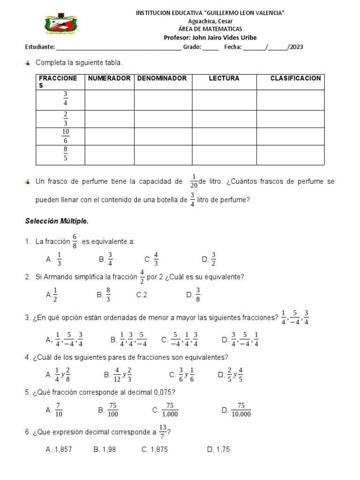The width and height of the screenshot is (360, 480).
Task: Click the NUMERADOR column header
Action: [x=109, y=78]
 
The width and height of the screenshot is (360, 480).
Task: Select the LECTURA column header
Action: [x=224, y=78]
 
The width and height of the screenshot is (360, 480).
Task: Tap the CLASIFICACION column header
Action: [x=295, y=78]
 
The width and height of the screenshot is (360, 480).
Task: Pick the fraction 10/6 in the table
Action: [x=65, y=136]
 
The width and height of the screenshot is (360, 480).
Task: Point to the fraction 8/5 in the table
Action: [x=65, y=154]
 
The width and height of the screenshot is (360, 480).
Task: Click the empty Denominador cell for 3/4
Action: [x=163, y=100]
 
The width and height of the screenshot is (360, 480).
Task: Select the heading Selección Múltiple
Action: [x=56, y=221]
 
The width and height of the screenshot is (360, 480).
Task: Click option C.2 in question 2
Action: [x=142, y=295]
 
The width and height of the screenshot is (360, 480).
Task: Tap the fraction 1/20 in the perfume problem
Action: [x=194, y=181]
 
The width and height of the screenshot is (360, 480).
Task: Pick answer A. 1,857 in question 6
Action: [x=59, y=450]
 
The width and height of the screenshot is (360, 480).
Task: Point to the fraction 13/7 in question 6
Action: [x=163, y=431]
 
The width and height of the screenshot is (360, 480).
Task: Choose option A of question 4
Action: [x=58, y=374]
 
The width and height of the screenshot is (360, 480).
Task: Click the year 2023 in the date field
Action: [x=296, y=47]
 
